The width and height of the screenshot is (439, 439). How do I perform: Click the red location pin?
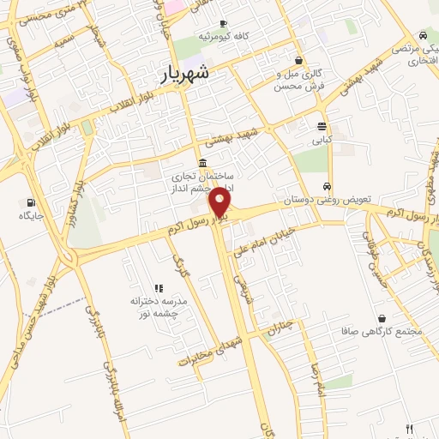220,202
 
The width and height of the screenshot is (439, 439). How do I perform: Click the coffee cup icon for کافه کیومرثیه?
223,23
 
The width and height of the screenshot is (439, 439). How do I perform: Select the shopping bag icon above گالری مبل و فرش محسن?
298,60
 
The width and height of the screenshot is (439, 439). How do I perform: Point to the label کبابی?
322,138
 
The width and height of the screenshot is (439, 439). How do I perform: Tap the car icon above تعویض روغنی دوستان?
327,186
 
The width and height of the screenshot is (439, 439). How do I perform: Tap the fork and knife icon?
409,429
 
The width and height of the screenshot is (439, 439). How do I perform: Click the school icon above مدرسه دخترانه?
158,288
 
